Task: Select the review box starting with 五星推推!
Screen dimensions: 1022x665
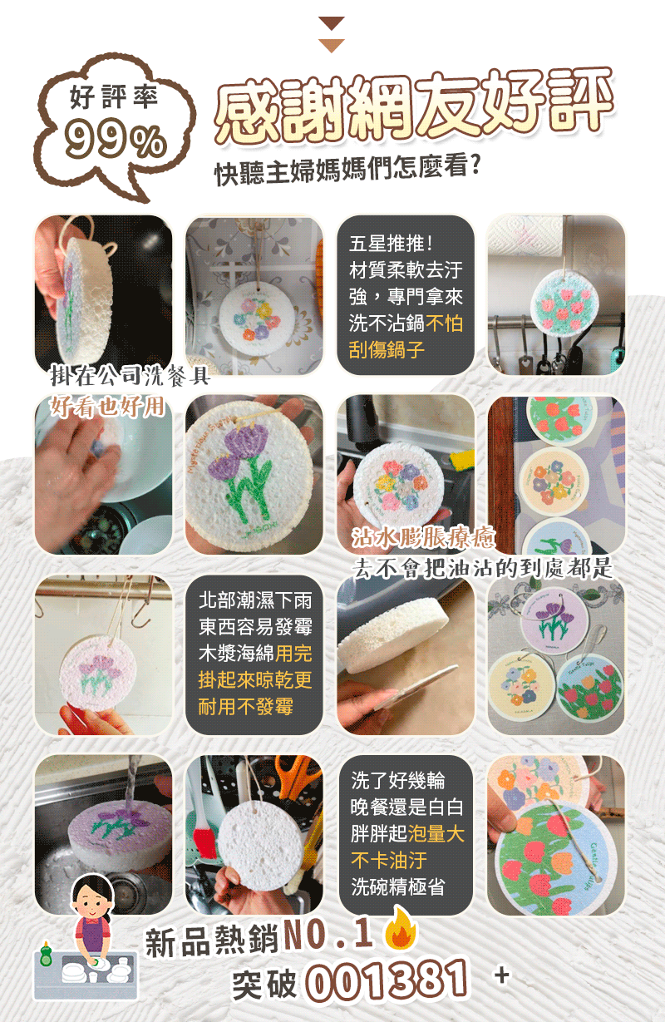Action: [x=406, y=295]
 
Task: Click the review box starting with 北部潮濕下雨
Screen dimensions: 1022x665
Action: [x=254, y=654]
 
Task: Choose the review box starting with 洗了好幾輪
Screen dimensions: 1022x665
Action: [x=406, y=834]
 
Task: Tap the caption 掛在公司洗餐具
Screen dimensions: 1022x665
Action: [x=130, y=376]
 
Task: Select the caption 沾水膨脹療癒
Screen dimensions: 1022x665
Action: [x=412, y=538]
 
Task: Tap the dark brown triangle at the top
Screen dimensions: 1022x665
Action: [x=332, y=23]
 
